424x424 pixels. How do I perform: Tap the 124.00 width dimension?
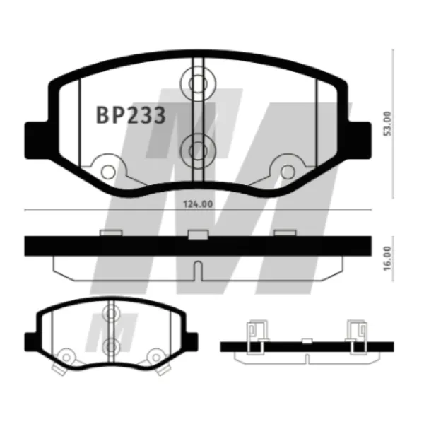[198, 205]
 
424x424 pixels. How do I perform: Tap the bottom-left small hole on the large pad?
[107, 171]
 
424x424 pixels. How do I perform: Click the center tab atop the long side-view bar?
[198, 233]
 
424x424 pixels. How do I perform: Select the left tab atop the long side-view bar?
[111, 233]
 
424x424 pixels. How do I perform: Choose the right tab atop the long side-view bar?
[284, 233]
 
